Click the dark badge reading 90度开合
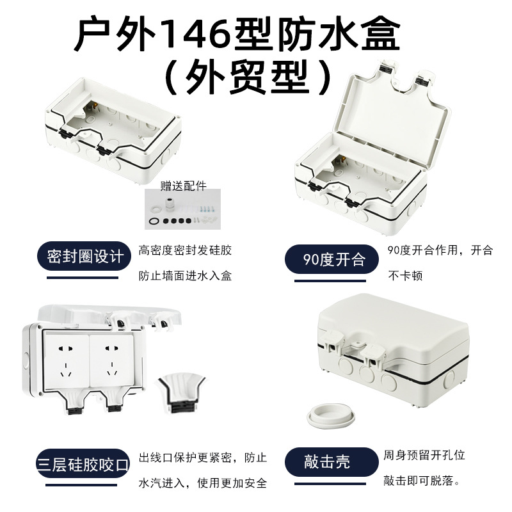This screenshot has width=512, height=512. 333,259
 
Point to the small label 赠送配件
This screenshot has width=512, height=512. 184,186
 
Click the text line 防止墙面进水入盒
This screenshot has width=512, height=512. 185,276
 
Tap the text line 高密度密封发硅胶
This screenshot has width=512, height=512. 185,251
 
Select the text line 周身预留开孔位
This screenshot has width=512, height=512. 424,456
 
